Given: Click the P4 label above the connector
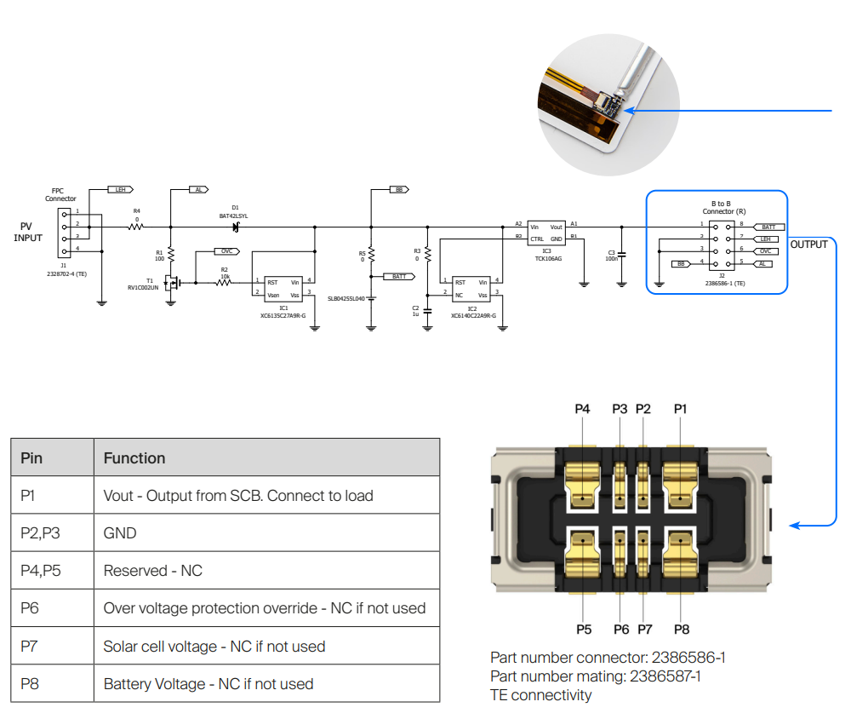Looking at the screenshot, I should click(x=582, y=409).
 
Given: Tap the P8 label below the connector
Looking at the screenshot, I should click(x=681, y=629).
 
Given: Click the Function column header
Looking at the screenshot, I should click(x=134, y=458).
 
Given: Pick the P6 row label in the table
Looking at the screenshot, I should click(x=31, y=608).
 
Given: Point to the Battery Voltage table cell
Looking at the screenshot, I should click(x=208, y=683).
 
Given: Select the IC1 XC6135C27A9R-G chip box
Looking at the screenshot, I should click(x=283, y=288).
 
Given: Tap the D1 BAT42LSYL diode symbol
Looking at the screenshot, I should click(x=235, y=227).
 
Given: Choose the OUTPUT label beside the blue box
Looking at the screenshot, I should click(x=808, y=244).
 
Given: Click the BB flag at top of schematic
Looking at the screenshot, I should click(x=398, y=190).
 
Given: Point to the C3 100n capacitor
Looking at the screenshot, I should click(x=621, y=254).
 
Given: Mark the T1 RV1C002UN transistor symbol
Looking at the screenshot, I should click(x=175, y=282).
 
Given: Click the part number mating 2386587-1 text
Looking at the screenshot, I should click(x=596, y=676).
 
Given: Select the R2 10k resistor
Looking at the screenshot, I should click(x=225, y=282).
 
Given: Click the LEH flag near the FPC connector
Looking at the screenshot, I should click(x=121, y=190).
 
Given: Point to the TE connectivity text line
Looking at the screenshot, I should click(x=540, y=695).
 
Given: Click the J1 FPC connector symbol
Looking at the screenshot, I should click(x=66, y=231).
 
